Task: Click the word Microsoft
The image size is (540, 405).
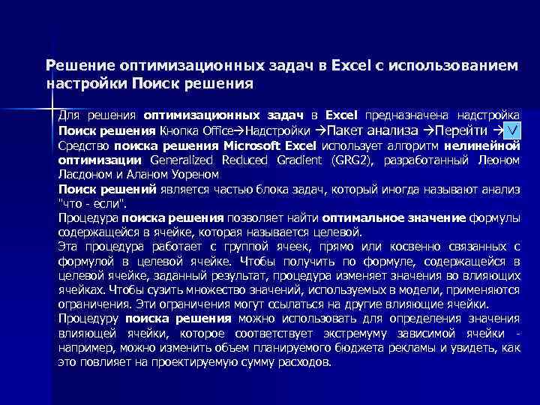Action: (x=239, y=145)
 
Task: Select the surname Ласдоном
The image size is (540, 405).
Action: (x=87, y=174)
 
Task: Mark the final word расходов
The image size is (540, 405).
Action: (x=303, y=362)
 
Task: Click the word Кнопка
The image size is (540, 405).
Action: (x=178, y=130)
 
